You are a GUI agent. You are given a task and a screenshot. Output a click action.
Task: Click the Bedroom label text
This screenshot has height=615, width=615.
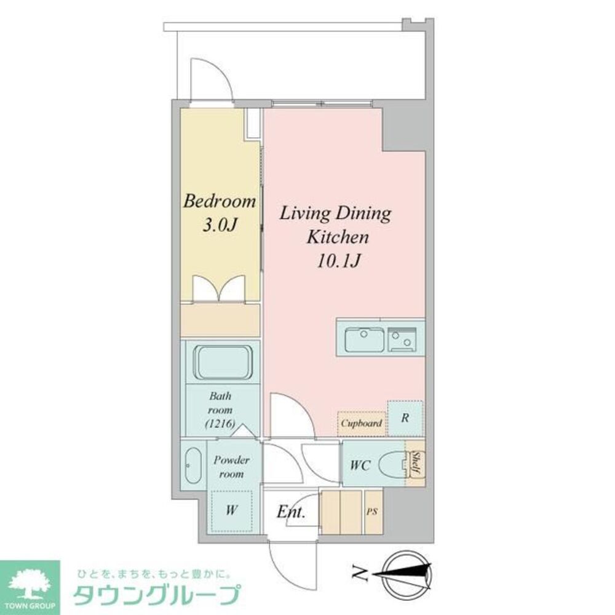220,201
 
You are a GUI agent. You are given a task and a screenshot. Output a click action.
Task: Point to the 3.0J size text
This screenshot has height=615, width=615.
220,225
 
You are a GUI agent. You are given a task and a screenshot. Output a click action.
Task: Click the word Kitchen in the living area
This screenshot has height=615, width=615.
338,237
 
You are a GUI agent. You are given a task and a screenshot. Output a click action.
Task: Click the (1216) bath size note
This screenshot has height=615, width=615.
220,423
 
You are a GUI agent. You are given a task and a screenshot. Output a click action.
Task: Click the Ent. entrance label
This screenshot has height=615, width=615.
292,512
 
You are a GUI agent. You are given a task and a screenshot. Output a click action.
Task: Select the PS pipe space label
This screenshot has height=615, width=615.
373,511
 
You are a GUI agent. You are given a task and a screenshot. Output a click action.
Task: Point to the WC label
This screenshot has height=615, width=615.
360,466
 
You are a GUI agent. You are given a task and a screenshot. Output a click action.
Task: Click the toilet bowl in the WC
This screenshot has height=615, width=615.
391,464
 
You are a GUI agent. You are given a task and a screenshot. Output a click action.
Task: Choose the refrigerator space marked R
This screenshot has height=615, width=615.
405,418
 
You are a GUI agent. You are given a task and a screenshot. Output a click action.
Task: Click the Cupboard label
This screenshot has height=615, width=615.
362,423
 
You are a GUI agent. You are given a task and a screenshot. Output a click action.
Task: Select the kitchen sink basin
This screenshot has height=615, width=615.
364,339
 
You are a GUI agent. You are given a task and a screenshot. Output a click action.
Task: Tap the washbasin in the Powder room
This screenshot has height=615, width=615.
192,466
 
